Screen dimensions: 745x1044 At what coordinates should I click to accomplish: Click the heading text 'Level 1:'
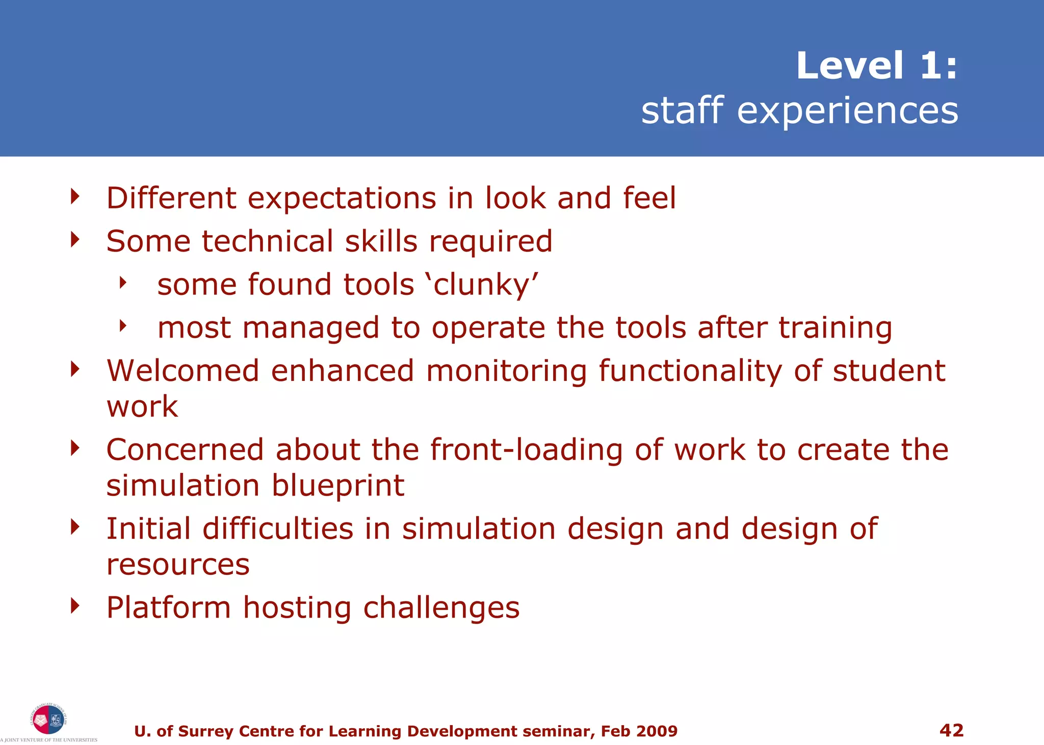coord(876,66)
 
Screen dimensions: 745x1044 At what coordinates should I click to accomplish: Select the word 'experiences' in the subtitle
coord(847,111)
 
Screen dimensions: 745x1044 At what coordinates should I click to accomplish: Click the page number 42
coord(951,730)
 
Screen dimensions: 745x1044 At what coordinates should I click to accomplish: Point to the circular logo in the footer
coord(48,719)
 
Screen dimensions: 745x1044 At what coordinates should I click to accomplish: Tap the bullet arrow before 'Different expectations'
coord(75,196)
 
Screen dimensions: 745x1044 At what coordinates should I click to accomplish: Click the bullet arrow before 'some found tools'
coord(122,282)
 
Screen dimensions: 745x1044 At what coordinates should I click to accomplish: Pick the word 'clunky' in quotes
coord(485,285)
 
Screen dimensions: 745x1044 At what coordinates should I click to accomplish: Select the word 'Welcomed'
coord(183,371)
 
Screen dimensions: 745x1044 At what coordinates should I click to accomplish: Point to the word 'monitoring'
coord(506,372)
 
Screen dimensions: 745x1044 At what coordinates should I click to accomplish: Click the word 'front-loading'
coord(526,451)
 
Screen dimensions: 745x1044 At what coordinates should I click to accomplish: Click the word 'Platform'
coord(169,608)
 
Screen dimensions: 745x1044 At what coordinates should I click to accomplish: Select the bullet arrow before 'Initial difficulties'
coord(75,527)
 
